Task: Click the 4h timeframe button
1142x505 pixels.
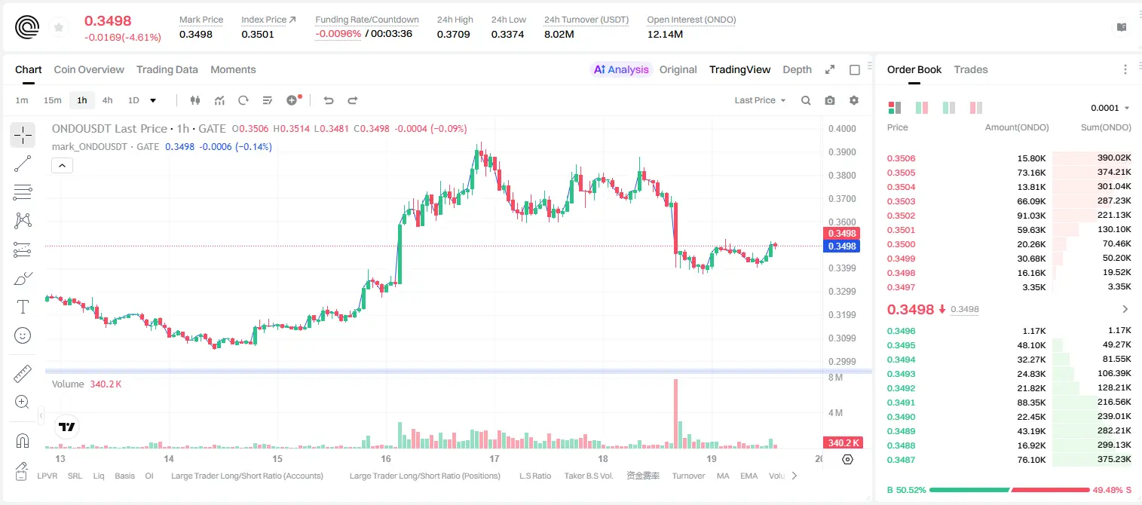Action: point(107,100)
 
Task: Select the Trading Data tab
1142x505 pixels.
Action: point(167,69)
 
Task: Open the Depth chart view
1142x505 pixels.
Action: point(797,69)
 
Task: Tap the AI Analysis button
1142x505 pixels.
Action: point(621,69)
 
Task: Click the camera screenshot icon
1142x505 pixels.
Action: point(830,100)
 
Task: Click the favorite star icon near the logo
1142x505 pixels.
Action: point(59,27)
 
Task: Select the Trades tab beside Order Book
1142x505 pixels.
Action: point(971,69)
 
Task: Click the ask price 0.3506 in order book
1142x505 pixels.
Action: point(901,158)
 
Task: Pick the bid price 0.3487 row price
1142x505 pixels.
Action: point(901,460)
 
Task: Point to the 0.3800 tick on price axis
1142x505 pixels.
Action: point(842,176)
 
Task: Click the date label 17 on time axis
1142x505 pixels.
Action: point(494,458)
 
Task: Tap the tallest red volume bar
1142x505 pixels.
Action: point(676,414)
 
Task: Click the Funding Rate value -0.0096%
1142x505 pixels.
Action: point(338,34)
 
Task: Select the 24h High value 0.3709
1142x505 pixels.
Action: point(453,34)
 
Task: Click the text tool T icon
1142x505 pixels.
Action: point(23,307)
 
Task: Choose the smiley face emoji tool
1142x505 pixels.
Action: point(23,335)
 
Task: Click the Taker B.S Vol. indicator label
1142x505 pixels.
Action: point(588,476)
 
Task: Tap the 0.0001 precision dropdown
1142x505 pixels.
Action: point(1110,108)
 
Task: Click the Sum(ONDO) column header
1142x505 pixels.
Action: point(1106,127)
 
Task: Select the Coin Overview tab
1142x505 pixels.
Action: point(89,69)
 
